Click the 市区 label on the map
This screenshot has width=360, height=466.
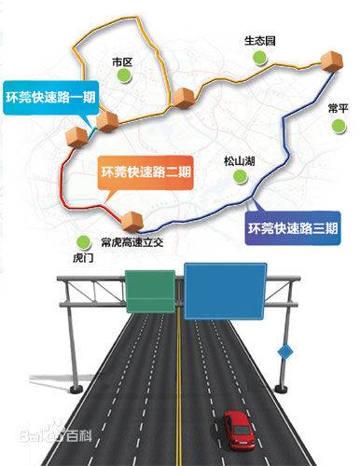[123, 62]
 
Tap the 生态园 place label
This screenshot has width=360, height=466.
[259, 42]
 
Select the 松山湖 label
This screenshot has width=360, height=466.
[240, 160]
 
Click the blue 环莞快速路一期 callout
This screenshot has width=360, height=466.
[48, 97]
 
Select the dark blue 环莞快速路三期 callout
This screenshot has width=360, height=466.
[288, 226]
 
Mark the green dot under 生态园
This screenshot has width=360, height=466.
[258, 60]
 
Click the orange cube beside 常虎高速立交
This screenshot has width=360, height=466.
[136, 221]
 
